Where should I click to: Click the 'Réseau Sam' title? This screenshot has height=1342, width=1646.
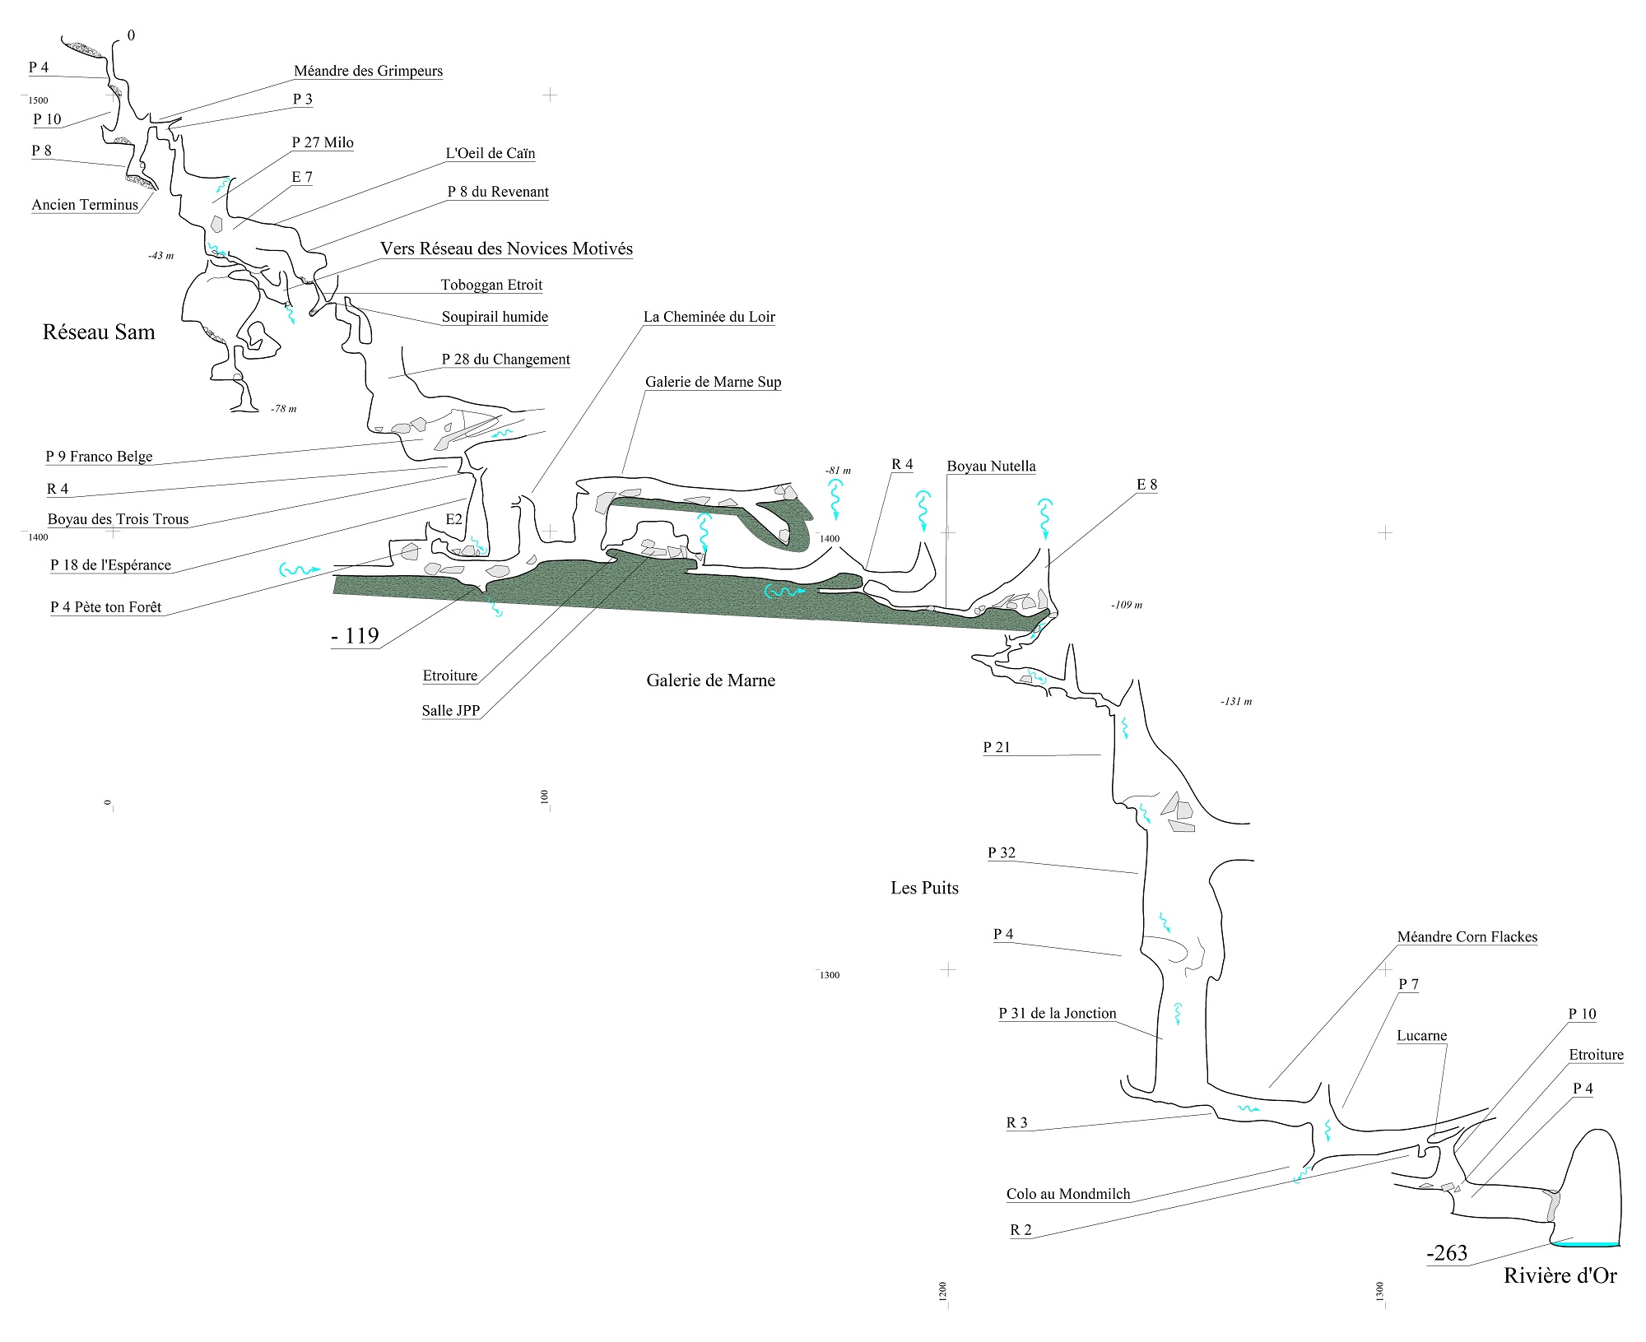(x=99, y=332)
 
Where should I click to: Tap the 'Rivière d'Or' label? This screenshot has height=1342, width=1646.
(x=1560, y=1276)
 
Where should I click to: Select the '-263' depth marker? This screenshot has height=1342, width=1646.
(x=1447, y=1253)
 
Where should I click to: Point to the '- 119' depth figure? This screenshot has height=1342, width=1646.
(x=355, y=636)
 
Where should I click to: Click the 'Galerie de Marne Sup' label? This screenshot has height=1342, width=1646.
(x=713, y=382)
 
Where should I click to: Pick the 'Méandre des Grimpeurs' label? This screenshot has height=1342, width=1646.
(x=368, y=72)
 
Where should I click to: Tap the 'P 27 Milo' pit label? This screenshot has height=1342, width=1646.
(x=323, y=143)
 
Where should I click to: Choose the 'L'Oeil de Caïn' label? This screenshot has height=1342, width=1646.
(x=491, y=154)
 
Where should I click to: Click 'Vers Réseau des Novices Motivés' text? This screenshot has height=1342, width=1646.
(x=506, y=248)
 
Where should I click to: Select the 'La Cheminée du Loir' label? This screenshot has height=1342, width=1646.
(x=709, y=317)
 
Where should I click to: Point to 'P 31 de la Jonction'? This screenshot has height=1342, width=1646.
(x=1058, y=1014)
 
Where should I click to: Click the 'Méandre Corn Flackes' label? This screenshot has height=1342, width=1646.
(x=1467, y=937)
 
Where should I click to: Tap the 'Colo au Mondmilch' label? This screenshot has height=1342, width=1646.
(x=1068, y=1195)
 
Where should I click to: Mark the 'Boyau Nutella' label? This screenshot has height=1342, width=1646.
(x=991, y=467)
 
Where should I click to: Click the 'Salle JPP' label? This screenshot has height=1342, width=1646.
(x=451, y=711)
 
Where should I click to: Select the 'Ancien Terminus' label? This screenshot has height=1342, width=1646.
(x=85, y=206)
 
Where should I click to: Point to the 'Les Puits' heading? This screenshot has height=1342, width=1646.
(x=924, y=888)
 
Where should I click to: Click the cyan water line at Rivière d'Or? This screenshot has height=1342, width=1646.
(x=1586, y=1244)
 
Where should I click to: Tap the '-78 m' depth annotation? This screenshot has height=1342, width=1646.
(x=283, y=409)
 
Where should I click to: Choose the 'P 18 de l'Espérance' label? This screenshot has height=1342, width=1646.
(x=110, y=565)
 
